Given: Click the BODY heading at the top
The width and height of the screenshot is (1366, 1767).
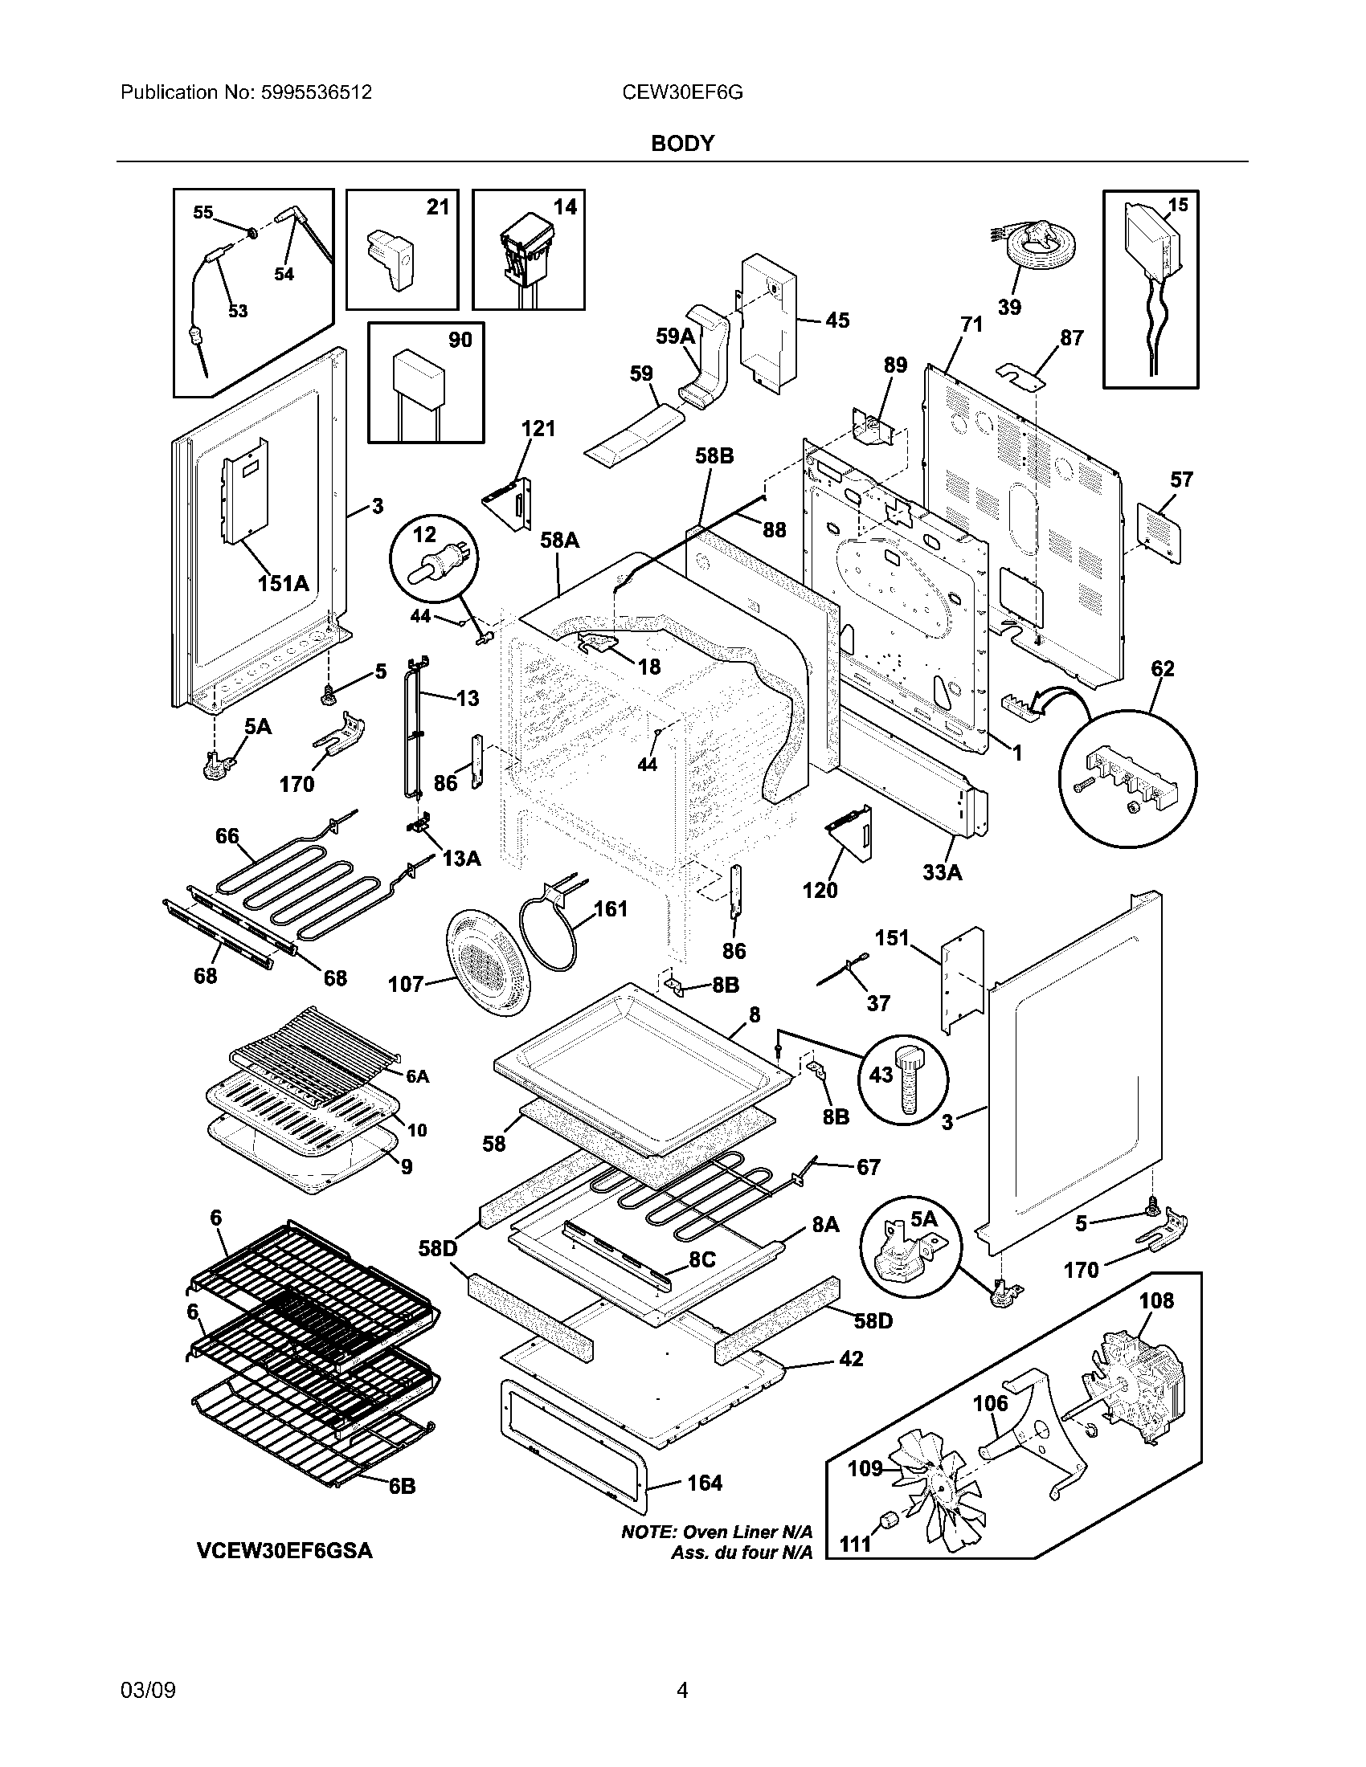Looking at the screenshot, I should pos(682,143).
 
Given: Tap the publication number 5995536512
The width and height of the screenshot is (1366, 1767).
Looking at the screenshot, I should pos(316,92).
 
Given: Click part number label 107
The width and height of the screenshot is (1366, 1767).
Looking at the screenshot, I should pos(407,984).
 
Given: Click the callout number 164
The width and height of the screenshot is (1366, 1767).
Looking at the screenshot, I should pos(704,1483).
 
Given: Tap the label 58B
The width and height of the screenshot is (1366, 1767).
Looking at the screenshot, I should pos(714,456).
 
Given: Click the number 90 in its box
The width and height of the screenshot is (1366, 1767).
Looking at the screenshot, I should pos(460,340).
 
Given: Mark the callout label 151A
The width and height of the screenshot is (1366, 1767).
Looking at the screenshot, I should pos(283,582).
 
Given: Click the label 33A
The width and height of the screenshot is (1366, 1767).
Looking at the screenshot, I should pos(942,872).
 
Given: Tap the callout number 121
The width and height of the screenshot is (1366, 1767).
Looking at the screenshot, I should pos(538,428).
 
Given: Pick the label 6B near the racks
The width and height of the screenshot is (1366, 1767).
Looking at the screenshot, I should pos(402,1486).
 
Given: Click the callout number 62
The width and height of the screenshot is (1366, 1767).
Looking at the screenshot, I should pos(1162,668).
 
